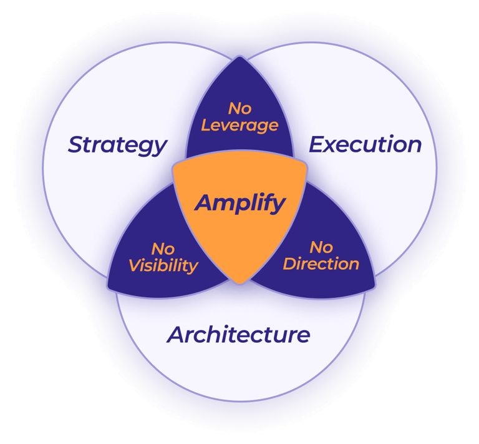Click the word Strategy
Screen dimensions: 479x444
point(117,146)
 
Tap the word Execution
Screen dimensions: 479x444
point(365,145)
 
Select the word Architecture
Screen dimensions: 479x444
point(238,335)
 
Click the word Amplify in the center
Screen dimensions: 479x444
point(240,203)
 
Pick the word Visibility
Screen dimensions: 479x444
point(163,265)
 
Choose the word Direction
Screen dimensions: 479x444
point(321,264)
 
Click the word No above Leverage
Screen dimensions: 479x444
point(240,109)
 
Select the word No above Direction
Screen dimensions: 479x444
point(321,247)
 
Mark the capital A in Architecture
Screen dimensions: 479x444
point(175,335)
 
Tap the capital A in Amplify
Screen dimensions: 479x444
point(203,203)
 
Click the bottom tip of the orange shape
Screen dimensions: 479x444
point(239,282)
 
